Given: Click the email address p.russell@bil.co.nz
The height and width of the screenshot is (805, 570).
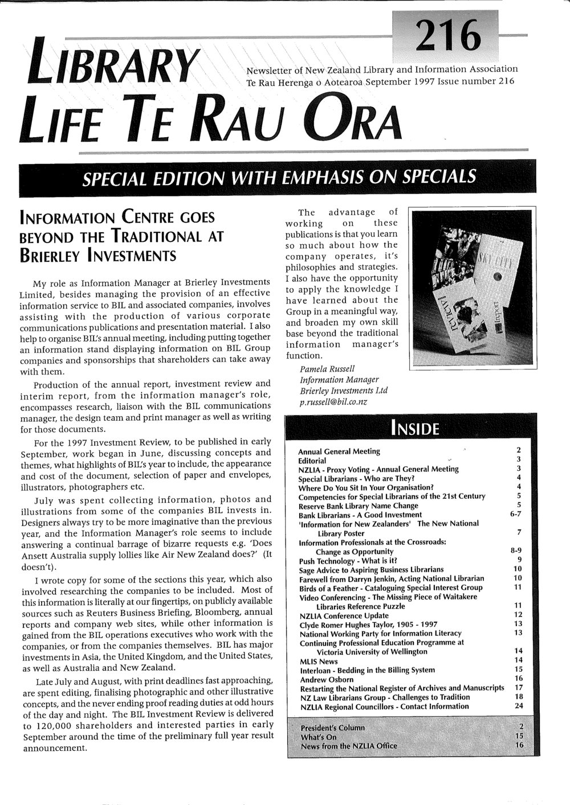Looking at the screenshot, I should [333, 401].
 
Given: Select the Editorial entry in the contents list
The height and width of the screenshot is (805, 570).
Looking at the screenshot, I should [312, 460].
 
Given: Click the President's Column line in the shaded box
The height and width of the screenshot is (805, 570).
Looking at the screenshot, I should [332, 728].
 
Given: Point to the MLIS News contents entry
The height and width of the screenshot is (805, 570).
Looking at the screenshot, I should [319, 661].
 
